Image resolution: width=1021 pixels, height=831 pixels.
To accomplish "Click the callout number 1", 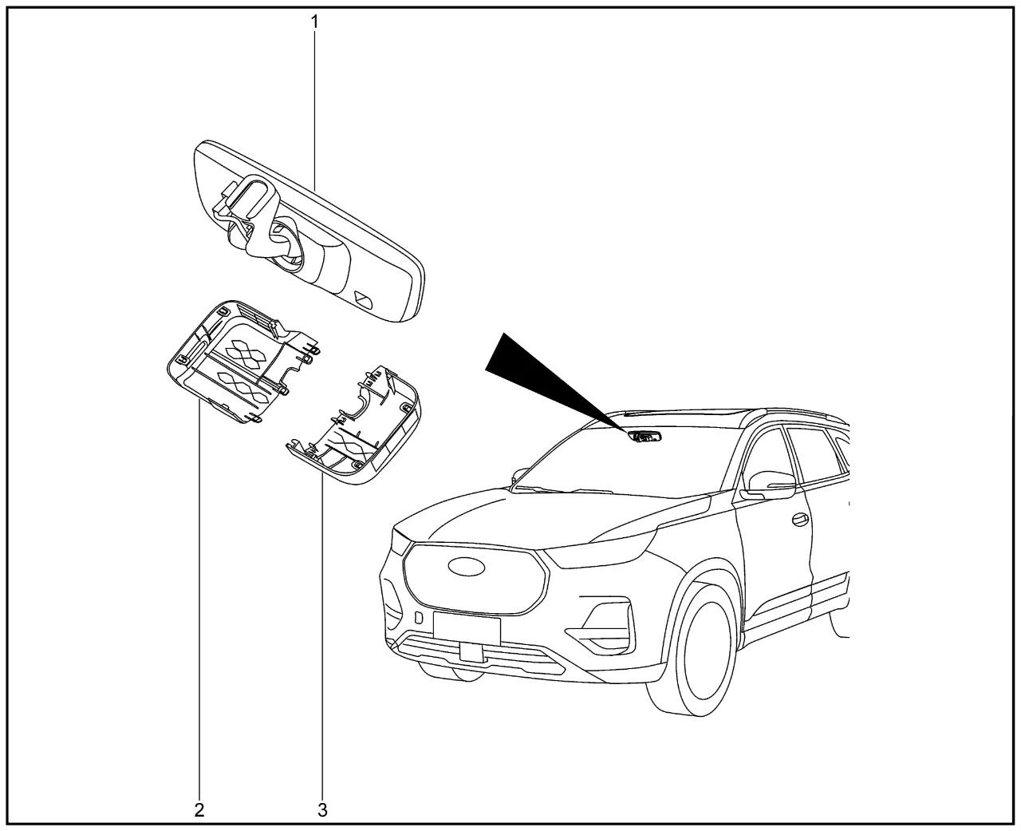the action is pos(314,22).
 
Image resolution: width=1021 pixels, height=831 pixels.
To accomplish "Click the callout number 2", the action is pos(199,810).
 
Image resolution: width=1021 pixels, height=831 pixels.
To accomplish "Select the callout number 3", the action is pos(322,810).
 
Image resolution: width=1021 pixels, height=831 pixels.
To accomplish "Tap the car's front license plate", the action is pos(467,628).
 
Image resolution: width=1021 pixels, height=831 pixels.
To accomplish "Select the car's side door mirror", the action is pos(768,485).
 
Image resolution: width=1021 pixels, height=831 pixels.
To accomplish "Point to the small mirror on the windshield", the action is pos(645,437).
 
